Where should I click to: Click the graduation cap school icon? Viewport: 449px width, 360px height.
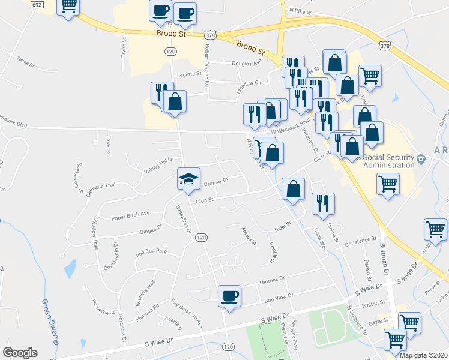point(188,178)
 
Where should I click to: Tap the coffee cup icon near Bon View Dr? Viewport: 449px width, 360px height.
point(229,295)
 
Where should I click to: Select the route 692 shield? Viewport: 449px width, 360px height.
point(37,4)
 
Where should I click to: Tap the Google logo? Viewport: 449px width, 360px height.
point(20,353)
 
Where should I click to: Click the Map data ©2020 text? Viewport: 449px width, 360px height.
point(423,355)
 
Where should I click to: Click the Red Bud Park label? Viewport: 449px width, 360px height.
point(151,252)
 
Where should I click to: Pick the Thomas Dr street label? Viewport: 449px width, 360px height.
point(271,280)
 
